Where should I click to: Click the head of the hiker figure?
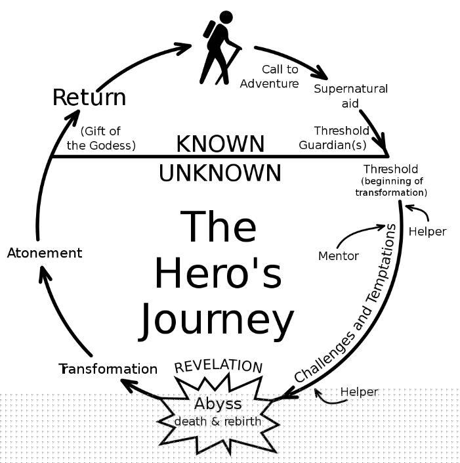(226, 18)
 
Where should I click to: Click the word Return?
(89, 97)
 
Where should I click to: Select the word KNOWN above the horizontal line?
(220, 144)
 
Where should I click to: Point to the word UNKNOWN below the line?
(220, 173)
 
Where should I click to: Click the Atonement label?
(45, 253)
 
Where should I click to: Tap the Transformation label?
(108, 369)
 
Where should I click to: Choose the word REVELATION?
(219, 366)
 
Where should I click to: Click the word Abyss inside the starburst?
(218, 404)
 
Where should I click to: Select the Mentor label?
(339, 256)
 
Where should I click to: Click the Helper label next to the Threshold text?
(427, 232)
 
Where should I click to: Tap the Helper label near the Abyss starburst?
(359, 392)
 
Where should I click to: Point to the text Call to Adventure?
(269, 76)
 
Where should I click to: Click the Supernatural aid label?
(350, 96)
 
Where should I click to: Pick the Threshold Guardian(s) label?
(334, 138)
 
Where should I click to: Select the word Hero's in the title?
(219, 273)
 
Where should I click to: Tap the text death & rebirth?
(218, 422)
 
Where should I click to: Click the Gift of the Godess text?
(101, 138)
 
